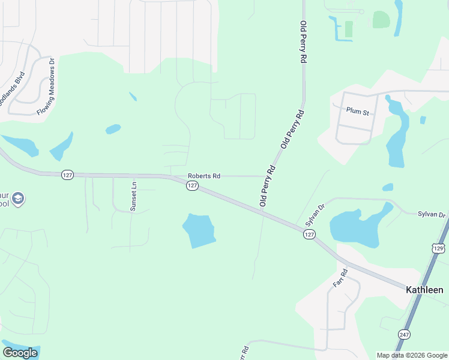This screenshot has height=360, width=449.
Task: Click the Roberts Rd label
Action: (204, 176)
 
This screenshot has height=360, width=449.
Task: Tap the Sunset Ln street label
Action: (133, 196)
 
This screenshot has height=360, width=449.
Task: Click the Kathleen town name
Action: (424, 290)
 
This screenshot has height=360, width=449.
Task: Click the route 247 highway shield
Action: (403, 334)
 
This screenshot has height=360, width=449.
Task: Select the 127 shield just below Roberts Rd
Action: (191, 186)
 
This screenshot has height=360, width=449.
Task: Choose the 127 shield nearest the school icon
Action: (67, 175)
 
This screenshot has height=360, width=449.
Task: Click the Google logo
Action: (20, 352)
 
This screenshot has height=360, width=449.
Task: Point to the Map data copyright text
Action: (411, 355)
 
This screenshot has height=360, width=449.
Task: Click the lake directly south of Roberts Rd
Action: (199, 230)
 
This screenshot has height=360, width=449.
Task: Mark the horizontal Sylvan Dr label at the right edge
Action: (433, 214)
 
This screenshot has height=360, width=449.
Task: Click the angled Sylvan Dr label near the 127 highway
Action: (315, 214)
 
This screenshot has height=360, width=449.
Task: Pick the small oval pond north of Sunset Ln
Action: (113, 129)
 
